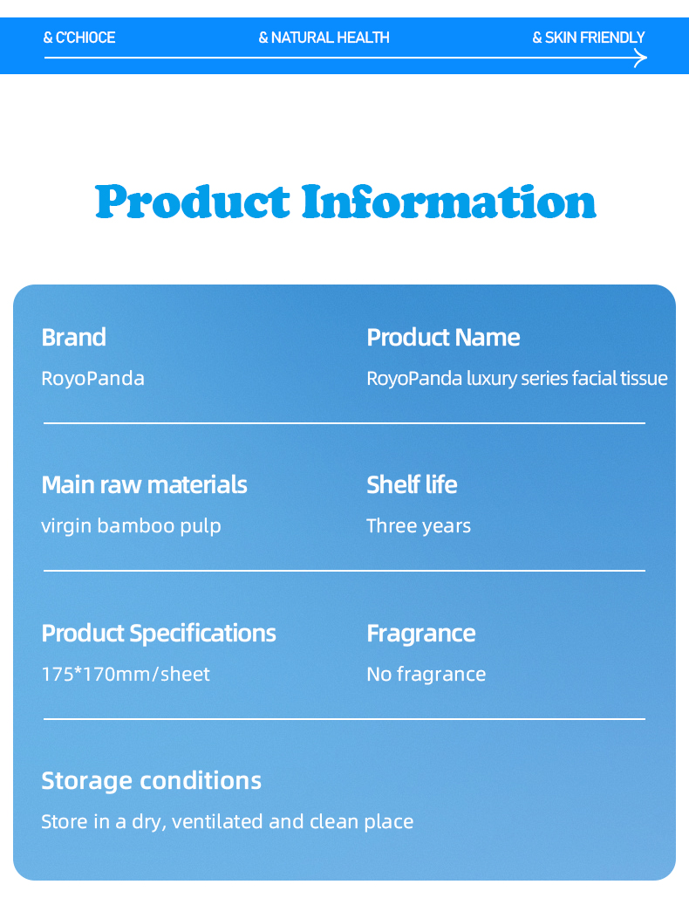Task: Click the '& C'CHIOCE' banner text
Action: coord(79,38)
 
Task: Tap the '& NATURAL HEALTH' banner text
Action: coord(324,38)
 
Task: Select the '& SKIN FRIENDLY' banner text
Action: coord(589,38)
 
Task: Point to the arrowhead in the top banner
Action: coord(640,58)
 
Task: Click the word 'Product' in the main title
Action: coord(193,202)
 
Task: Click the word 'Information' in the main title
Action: coord(449,202)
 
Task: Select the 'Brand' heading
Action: coord(74,337)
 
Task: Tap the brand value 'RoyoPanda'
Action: coord(92,379)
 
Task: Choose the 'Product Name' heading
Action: coord(443,337)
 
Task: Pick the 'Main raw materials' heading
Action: coord(144,485)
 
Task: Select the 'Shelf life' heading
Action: coord(412,485)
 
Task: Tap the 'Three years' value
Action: coord(419,525)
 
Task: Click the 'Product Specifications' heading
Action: coord(159,634)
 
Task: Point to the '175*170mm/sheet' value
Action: coord(126,674)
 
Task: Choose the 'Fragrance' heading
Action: coord(421,634)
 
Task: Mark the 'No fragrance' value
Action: coord(426,674)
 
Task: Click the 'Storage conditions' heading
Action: coord(151,780)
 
